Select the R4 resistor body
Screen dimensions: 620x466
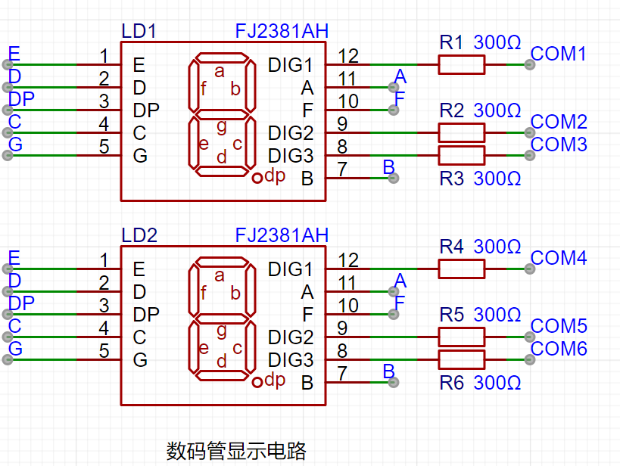[462, 269]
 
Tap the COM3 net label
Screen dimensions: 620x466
[559, 144]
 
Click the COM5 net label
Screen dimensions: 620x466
[559, 327]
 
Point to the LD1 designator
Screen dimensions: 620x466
[139, 31]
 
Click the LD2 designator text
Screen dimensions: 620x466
[139, 235]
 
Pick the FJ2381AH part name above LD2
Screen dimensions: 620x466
[282, 235]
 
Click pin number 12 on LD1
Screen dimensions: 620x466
[348, 56]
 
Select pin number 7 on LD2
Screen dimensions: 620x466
[342, 374]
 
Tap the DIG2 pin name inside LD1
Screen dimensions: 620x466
[291, 133]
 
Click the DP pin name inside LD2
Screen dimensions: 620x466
[146, 315]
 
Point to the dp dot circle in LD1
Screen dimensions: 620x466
[257, 178]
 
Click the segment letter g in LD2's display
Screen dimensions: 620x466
[222, 331]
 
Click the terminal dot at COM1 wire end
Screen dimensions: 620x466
[530, 65]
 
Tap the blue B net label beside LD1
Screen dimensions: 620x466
[389, 167]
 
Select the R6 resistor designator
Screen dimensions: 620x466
[451, 383]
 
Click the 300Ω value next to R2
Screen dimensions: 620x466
[497, 110]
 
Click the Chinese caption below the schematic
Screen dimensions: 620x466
[236, 451]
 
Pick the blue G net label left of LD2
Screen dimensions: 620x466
[15, 349]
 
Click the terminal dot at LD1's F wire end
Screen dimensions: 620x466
[394, 110]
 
